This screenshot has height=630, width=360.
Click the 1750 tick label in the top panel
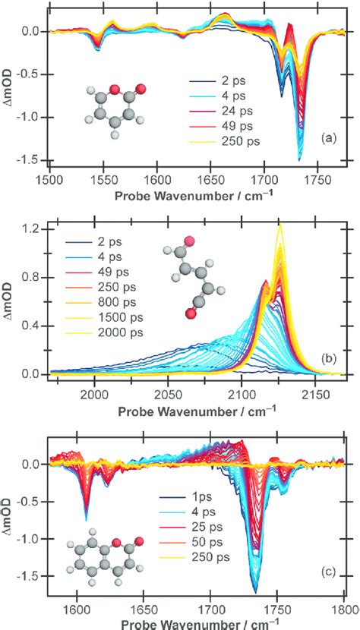tap(318, 173)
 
